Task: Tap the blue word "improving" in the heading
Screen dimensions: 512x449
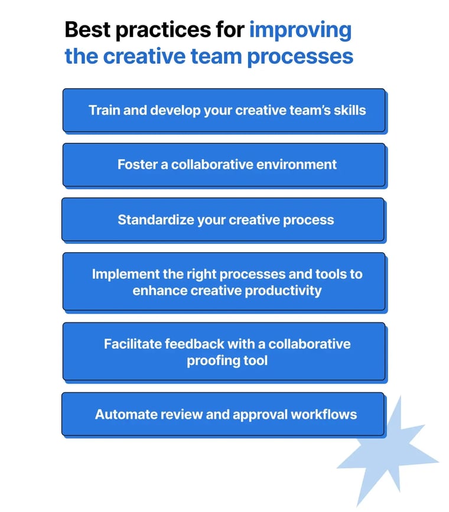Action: tap(300, 30)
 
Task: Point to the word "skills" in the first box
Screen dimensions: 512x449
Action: tap(349, 110)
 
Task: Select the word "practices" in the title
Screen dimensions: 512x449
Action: tap(162, 30)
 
